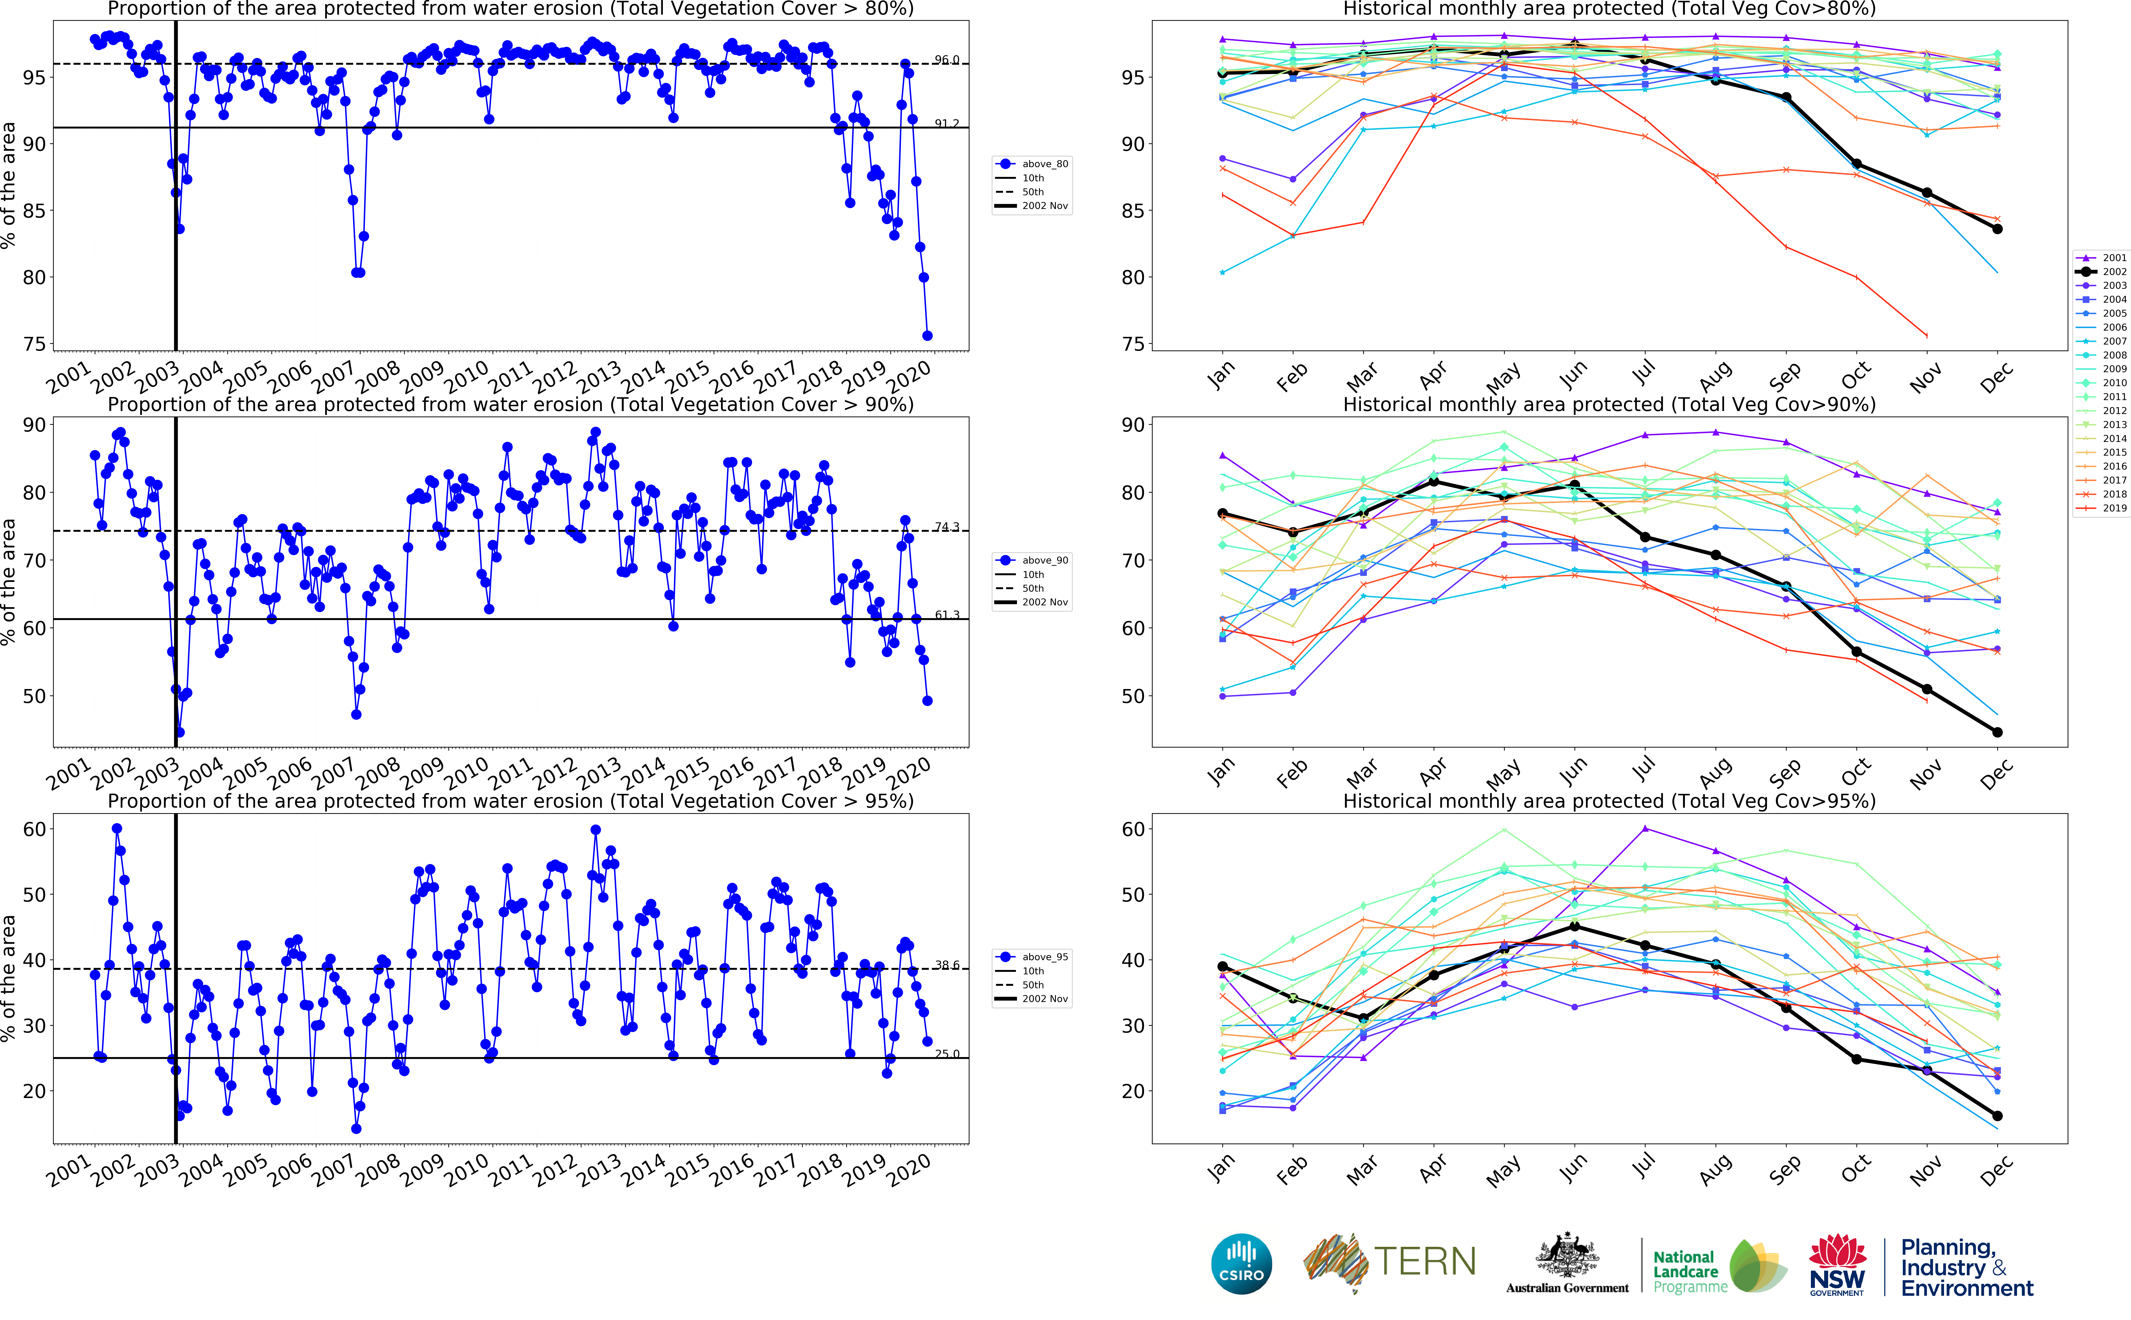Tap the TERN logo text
click(x=1425, y=1261)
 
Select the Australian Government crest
click(x=1567, y=1257)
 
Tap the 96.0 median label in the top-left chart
click(x=946, y=59)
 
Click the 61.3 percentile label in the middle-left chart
click(x=946, y=615)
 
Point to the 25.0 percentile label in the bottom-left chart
click(x=946, y=1054)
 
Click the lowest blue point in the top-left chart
click(x=927, y=335)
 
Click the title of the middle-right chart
click(x=1609, y=404)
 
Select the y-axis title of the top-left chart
click(x=9, y=185)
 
